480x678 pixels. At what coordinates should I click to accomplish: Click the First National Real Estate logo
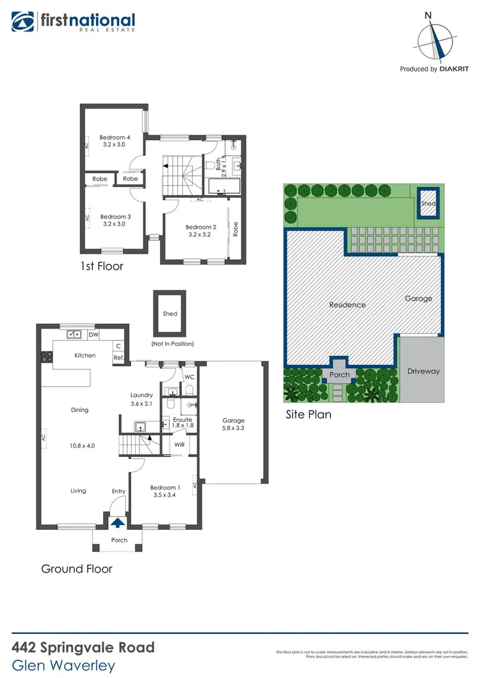point(73,22)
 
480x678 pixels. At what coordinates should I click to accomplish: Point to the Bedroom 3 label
point(115,217)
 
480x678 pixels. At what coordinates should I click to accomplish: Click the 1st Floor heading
point(102,266)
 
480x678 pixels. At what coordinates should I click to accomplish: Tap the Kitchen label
point(85,355)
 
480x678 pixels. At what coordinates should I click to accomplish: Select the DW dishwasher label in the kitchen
point(93,334)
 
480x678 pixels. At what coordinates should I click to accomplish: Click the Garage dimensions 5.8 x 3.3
point(234,429)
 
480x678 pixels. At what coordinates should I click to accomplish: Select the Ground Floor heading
point(77,568)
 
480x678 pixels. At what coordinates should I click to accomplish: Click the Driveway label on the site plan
point(424,371)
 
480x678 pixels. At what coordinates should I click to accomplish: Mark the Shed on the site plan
point(428,204)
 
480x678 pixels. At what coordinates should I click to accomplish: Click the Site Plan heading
point(308,415)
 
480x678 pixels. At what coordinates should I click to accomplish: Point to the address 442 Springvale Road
point(83,647)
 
